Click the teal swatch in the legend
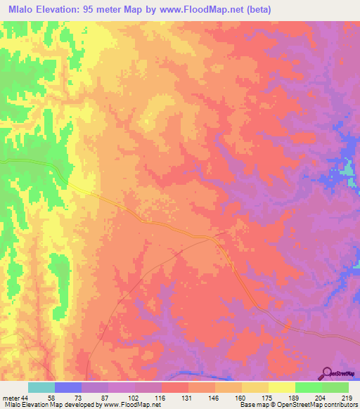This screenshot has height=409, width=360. [x=41, y=387]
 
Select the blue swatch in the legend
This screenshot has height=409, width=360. [x=68, y=387]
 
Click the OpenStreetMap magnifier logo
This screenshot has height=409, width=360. [x=328, y=373]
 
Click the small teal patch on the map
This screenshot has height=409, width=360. [x=348, y=169]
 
